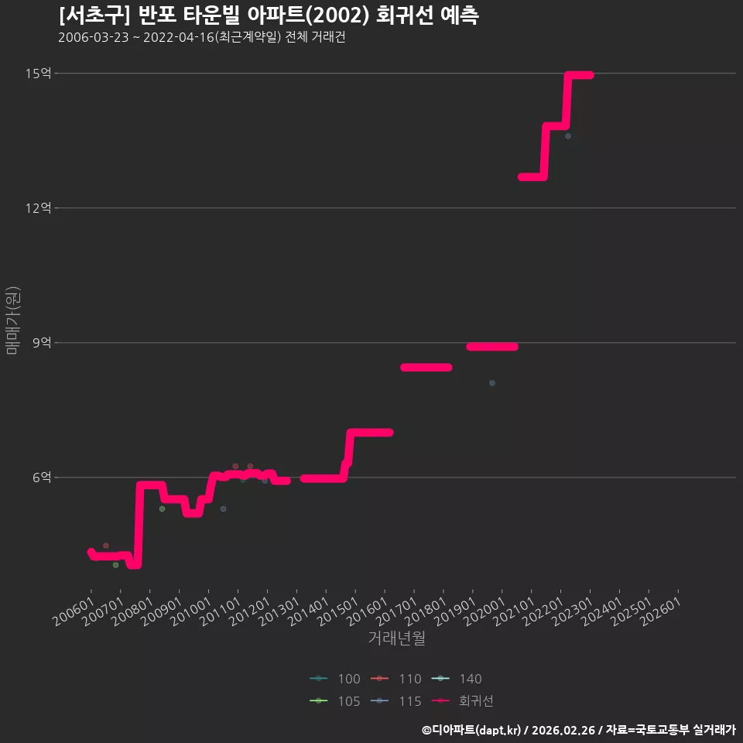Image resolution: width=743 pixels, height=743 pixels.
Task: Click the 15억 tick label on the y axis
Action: tap(39, 74)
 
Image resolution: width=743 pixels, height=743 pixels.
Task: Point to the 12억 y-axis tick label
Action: tap(39, 208)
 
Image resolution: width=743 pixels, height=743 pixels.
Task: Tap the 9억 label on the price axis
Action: tap(42, 343)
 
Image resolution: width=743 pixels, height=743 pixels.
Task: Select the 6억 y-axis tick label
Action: tap(42, 478)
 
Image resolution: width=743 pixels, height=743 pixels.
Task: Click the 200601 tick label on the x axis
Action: tap(73, 611)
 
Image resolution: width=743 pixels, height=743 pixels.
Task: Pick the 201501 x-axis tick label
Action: tap(337, 611)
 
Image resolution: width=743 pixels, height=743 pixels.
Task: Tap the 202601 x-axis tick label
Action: tap(660, 611)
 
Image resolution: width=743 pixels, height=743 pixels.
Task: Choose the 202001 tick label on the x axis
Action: tap(484, 611)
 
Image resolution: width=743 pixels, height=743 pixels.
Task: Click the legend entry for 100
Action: tap(335, 679)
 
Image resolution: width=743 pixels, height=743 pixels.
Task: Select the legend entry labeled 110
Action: tap(396, 679)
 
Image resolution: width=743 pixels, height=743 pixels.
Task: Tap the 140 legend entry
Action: tap(457, 679)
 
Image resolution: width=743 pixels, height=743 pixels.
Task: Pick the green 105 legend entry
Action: tap(335, 701)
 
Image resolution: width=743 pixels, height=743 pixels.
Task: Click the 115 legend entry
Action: tap(396, 701)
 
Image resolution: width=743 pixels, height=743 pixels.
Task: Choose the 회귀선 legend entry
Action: tap(463, 701)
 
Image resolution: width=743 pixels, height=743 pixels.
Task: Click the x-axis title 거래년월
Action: tap(396, 639)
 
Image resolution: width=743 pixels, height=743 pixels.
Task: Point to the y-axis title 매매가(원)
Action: tap(12, 320)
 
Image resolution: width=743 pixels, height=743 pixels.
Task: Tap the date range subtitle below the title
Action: tap(202, 37)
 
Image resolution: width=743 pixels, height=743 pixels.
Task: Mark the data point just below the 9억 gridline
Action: tap(492, 383)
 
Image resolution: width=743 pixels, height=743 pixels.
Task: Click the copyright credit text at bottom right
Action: tap(579, 730)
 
